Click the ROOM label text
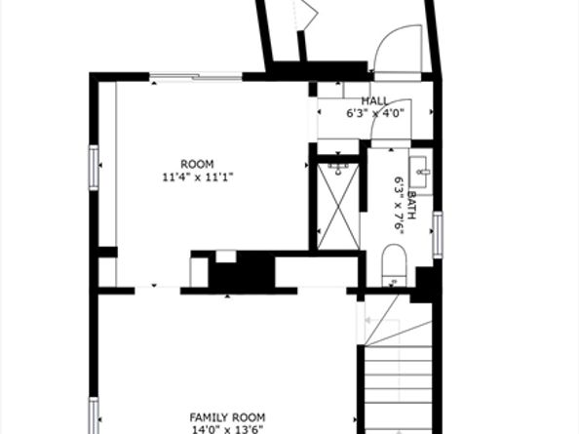197,164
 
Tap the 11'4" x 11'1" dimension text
198,178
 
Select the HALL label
374,100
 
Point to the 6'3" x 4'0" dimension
375,113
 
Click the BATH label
412,205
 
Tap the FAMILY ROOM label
227,417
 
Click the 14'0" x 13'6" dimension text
227,429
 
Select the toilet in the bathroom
394,265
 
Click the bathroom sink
420,172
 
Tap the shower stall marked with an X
338,206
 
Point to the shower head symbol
338,169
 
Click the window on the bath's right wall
438,235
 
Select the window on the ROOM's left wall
94,168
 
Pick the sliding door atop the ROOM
196,77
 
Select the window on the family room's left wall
94,415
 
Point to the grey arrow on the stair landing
382,320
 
